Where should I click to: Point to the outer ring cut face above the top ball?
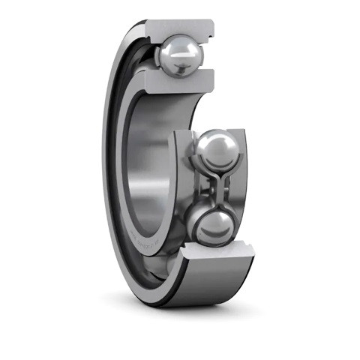[x=180, y=28]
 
